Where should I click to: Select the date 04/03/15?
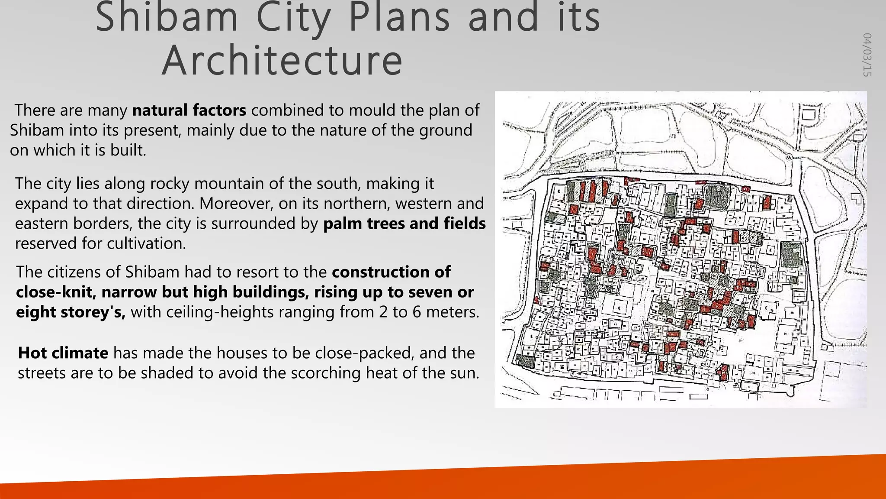point(867,55)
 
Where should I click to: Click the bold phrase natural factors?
point(189,110)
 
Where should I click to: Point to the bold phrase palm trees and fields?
point(404,224)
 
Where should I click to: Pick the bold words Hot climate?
point(63,353)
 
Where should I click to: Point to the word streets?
point(42,373)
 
